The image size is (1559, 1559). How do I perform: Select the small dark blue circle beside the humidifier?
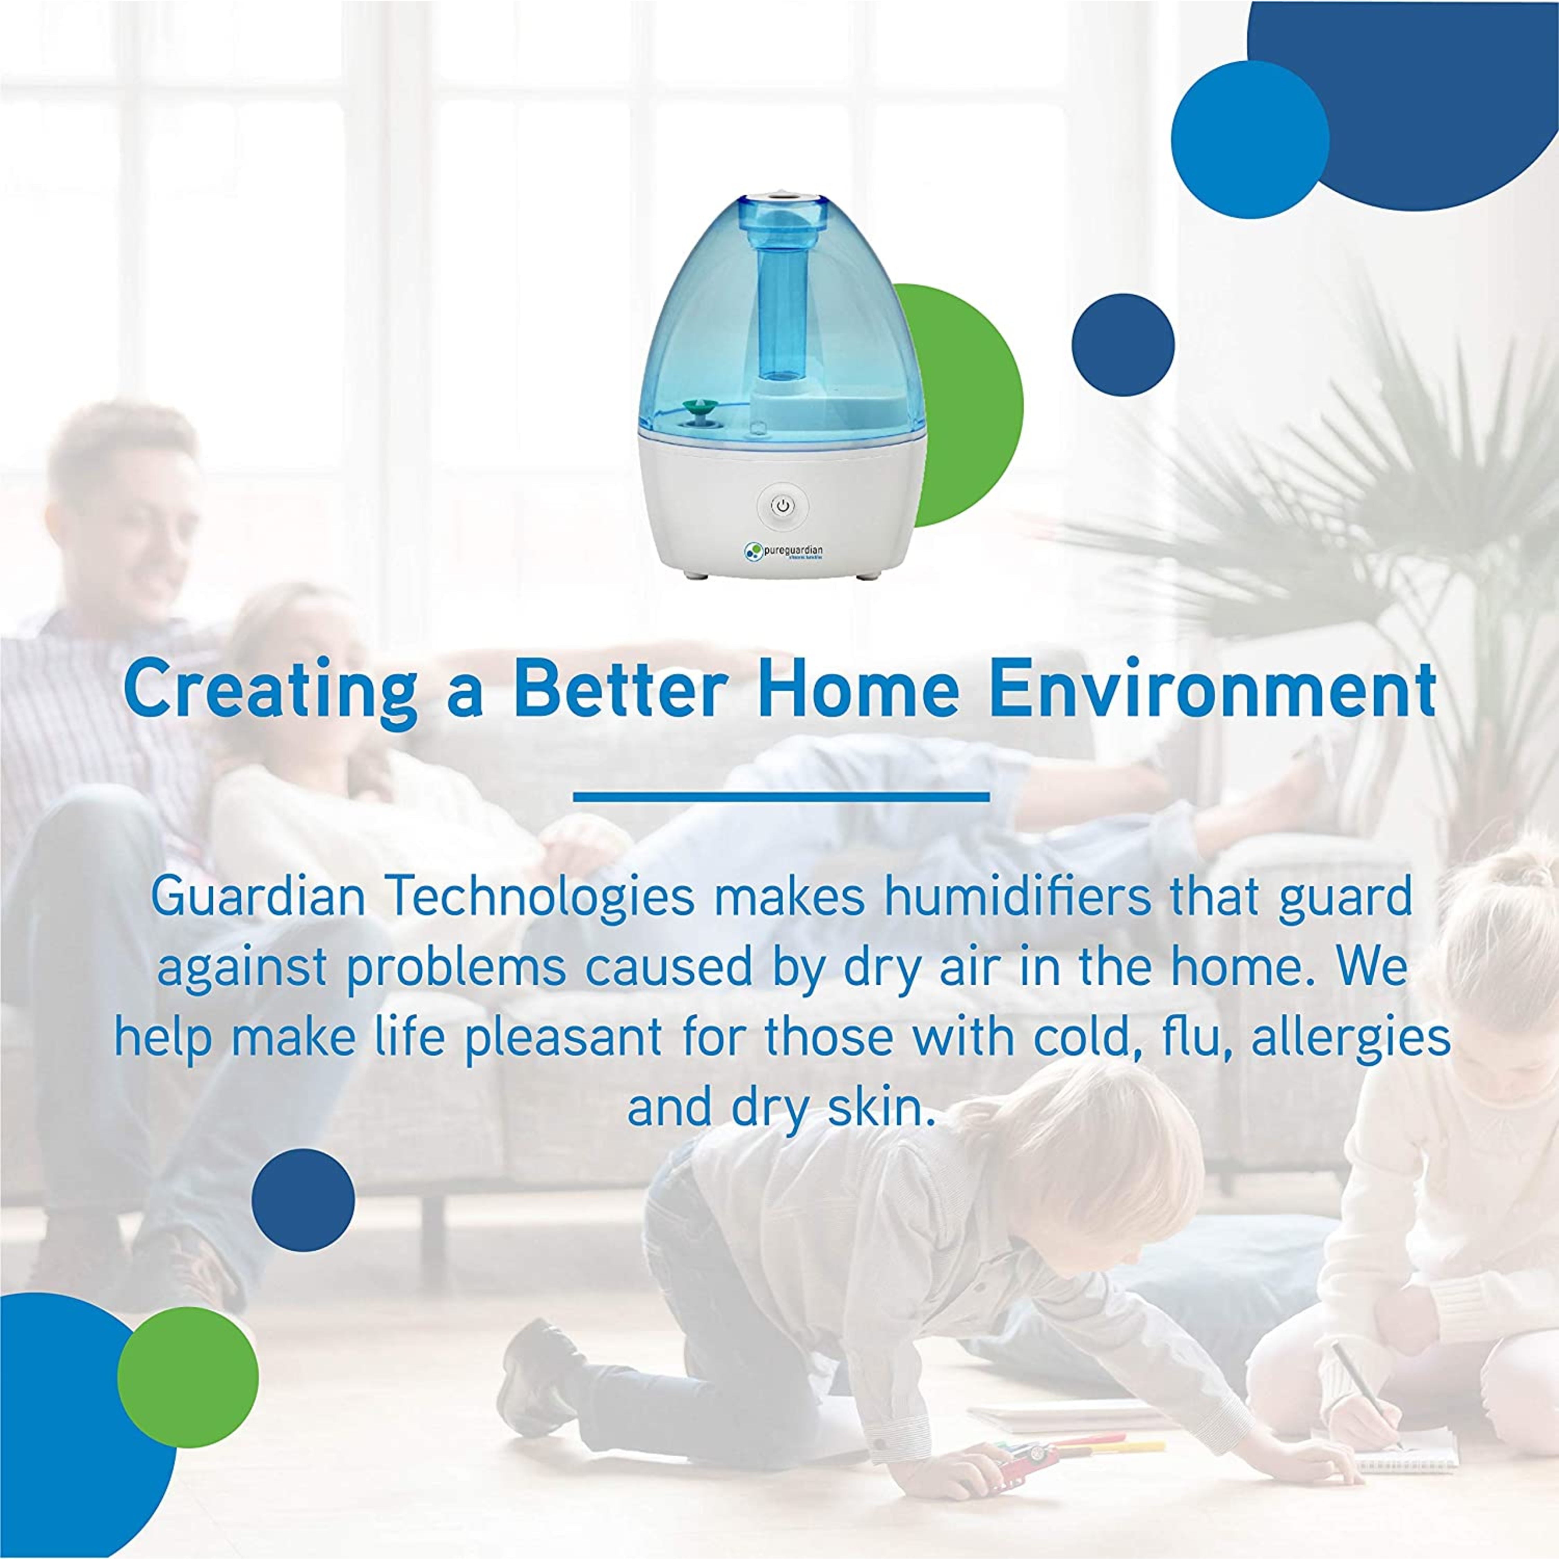pyautogui.click(x=1122, y=345)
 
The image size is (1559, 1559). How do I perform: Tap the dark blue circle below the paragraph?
pyautogui.click(x=302, y=1200)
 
